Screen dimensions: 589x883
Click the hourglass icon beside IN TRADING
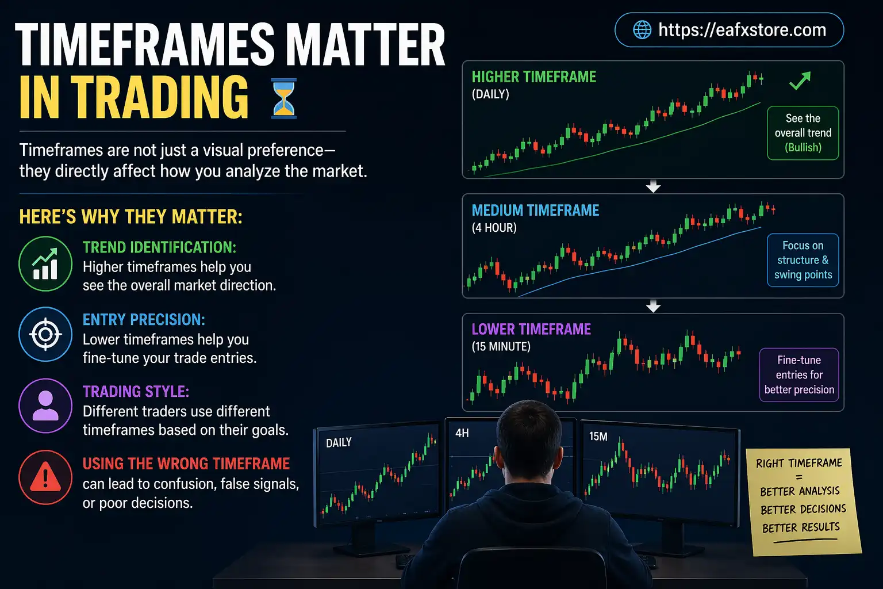pos(283,99)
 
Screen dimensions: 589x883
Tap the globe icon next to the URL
pos(642,30)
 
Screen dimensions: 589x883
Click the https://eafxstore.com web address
pos(742,30)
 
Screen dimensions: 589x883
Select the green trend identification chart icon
pos(45,264)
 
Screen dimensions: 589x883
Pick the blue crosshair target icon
pos(45,334)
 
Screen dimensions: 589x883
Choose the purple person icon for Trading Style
pos(45,406)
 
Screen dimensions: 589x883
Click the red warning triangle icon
pos(45,477)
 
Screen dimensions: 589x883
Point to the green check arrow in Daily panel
pos(800,81)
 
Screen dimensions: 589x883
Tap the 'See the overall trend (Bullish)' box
pos(803,133)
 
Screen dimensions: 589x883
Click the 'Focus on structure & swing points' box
pos(803,260)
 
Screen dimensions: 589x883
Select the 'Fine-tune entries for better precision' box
pos(799,374)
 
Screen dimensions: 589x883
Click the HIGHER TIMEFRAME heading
pos(533,77)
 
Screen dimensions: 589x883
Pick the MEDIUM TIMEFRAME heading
pos(535,211)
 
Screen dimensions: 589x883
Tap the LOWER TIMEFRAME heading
pos(531,329)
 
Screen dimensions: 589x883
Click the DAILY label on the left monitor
pos(339,442)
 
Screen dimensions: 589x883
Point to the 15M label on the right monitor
pos(598,437)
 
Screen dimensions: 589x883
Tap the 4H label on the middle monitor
pos(462,433)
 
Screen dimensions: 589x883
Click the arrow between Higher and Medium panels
pos(653,187)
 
